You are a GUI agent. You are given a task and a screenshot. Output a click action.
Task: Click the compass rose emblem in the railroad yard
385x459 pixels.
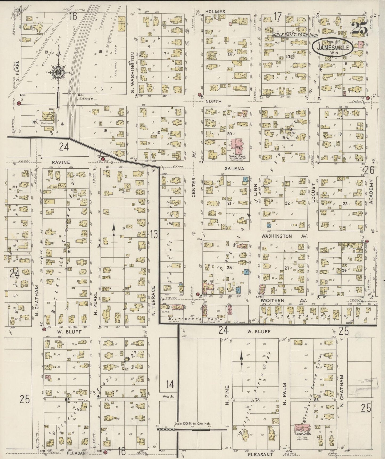58,73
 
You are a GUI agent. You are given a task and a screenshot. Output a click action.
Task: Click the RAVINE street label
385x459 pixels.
61,162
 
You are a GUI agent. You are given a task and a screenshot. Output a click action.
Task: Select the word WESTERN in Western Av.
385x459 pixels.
274,300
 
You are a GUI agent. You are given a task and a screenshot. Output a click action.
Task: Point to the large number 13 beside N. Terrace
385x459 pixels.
154,234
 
